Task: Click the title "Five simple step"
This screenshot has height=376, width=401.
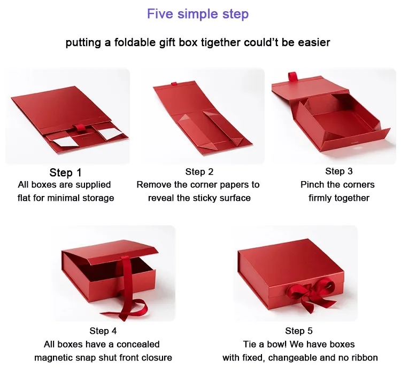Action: pyautogui.click(x=198, y=14)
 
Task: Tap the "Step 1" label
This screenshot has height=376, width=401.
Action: pyautogui.click(x=65, y=173)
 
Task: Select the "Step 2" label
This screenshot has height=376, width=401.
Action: pyautogui.click(x=199, y=171)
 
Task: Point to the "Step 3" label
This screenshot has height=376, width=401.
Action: pyautogui.click(x=339, y=171)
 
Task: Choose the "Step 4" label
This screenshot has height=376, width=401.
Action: pyautogui.click(x=103, y=331)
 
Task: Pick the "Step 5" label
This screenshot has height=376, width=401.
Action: pyautogui.click(x=299, y=331)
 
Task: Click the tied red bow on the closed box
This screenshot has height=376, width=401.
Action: pyautogui.click(x=311, y=294)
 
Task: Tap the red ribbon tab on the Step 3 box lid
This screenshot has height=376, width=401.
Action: pyautogui.click(x=292, y=77)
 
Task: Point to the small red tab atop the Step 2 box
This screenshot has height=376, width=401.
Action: pyautogui.click(x=174, y=83)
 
